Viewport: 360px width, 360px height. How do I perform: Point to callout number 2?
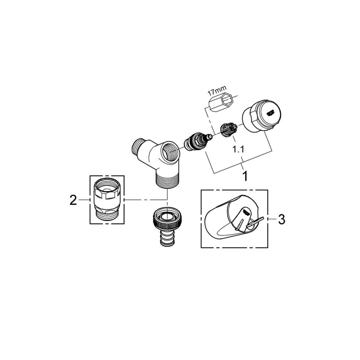[73, 200]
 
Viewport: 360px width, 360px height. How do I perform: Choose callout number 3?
[281, 219]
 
